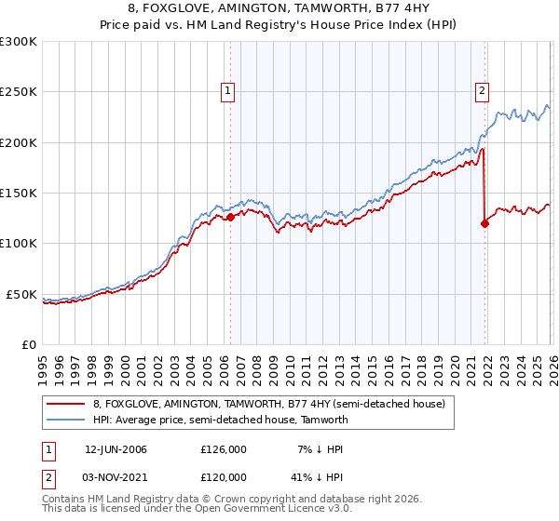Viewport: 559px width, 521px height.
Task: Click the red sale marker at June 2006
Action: tap(230, 218)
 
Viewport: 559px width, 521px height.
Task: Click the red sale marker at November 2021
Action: tap(484, 223)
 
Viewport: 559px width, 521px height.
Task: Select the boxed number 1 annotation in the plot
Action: tap(228, 91)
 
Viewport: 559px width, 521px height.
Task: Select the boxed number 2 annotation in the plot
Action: tap(482, 91)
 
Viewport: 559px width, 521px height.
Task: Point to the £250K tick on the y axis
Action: tap(19, 92)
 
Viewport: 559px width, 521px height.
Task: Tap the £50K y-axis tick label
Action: tap(22, 294)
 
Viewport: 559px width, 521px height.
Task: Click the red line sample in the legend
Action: tap(65, 404)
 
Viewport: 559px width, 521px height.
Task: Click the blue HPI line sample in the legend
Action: tap(65, 420)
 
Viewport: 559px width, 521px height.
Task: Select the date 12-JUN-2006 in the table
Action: tap(116, 449)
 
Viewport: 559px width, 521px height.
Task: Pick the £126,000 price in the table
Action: tap(224, 449)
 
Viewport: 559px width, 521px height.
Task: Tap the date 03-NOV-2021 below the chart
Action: tap(116, 476)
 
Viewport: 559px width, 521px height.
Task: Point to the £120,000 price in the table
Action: tap(224, 476)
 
